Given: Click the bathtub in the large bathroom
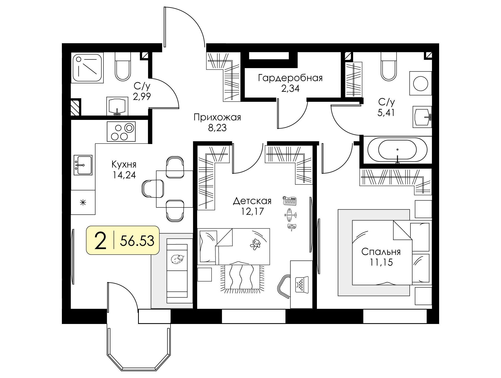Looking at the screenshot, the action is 397,150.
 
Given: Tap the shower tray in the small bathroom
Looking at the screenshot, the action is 87,68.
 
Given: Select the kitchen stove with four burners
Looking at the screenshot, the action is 121,131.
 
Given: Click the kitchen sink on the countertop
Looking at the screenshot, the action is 83,165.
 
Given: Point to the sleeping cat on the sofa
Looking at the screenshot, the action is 177,259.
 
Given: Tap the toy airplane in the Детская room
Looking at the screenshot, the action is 290,215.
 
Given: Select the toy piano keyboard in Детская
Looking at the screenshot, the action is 290,201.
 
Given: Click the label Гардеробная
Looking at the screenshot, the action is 290,78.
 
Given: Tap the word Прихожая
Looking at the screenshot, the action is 217,117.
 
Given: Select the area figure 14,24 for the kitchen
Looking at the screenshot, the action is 124,175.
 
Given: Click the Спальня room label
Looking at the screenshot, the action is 381,252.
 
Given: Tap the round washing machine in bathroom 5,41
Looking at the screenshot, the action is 421,83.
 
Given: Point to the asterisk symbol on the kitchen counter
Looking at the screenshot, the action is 83,202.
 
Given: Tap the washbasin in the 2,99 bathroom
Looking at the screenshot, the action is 117,106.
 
